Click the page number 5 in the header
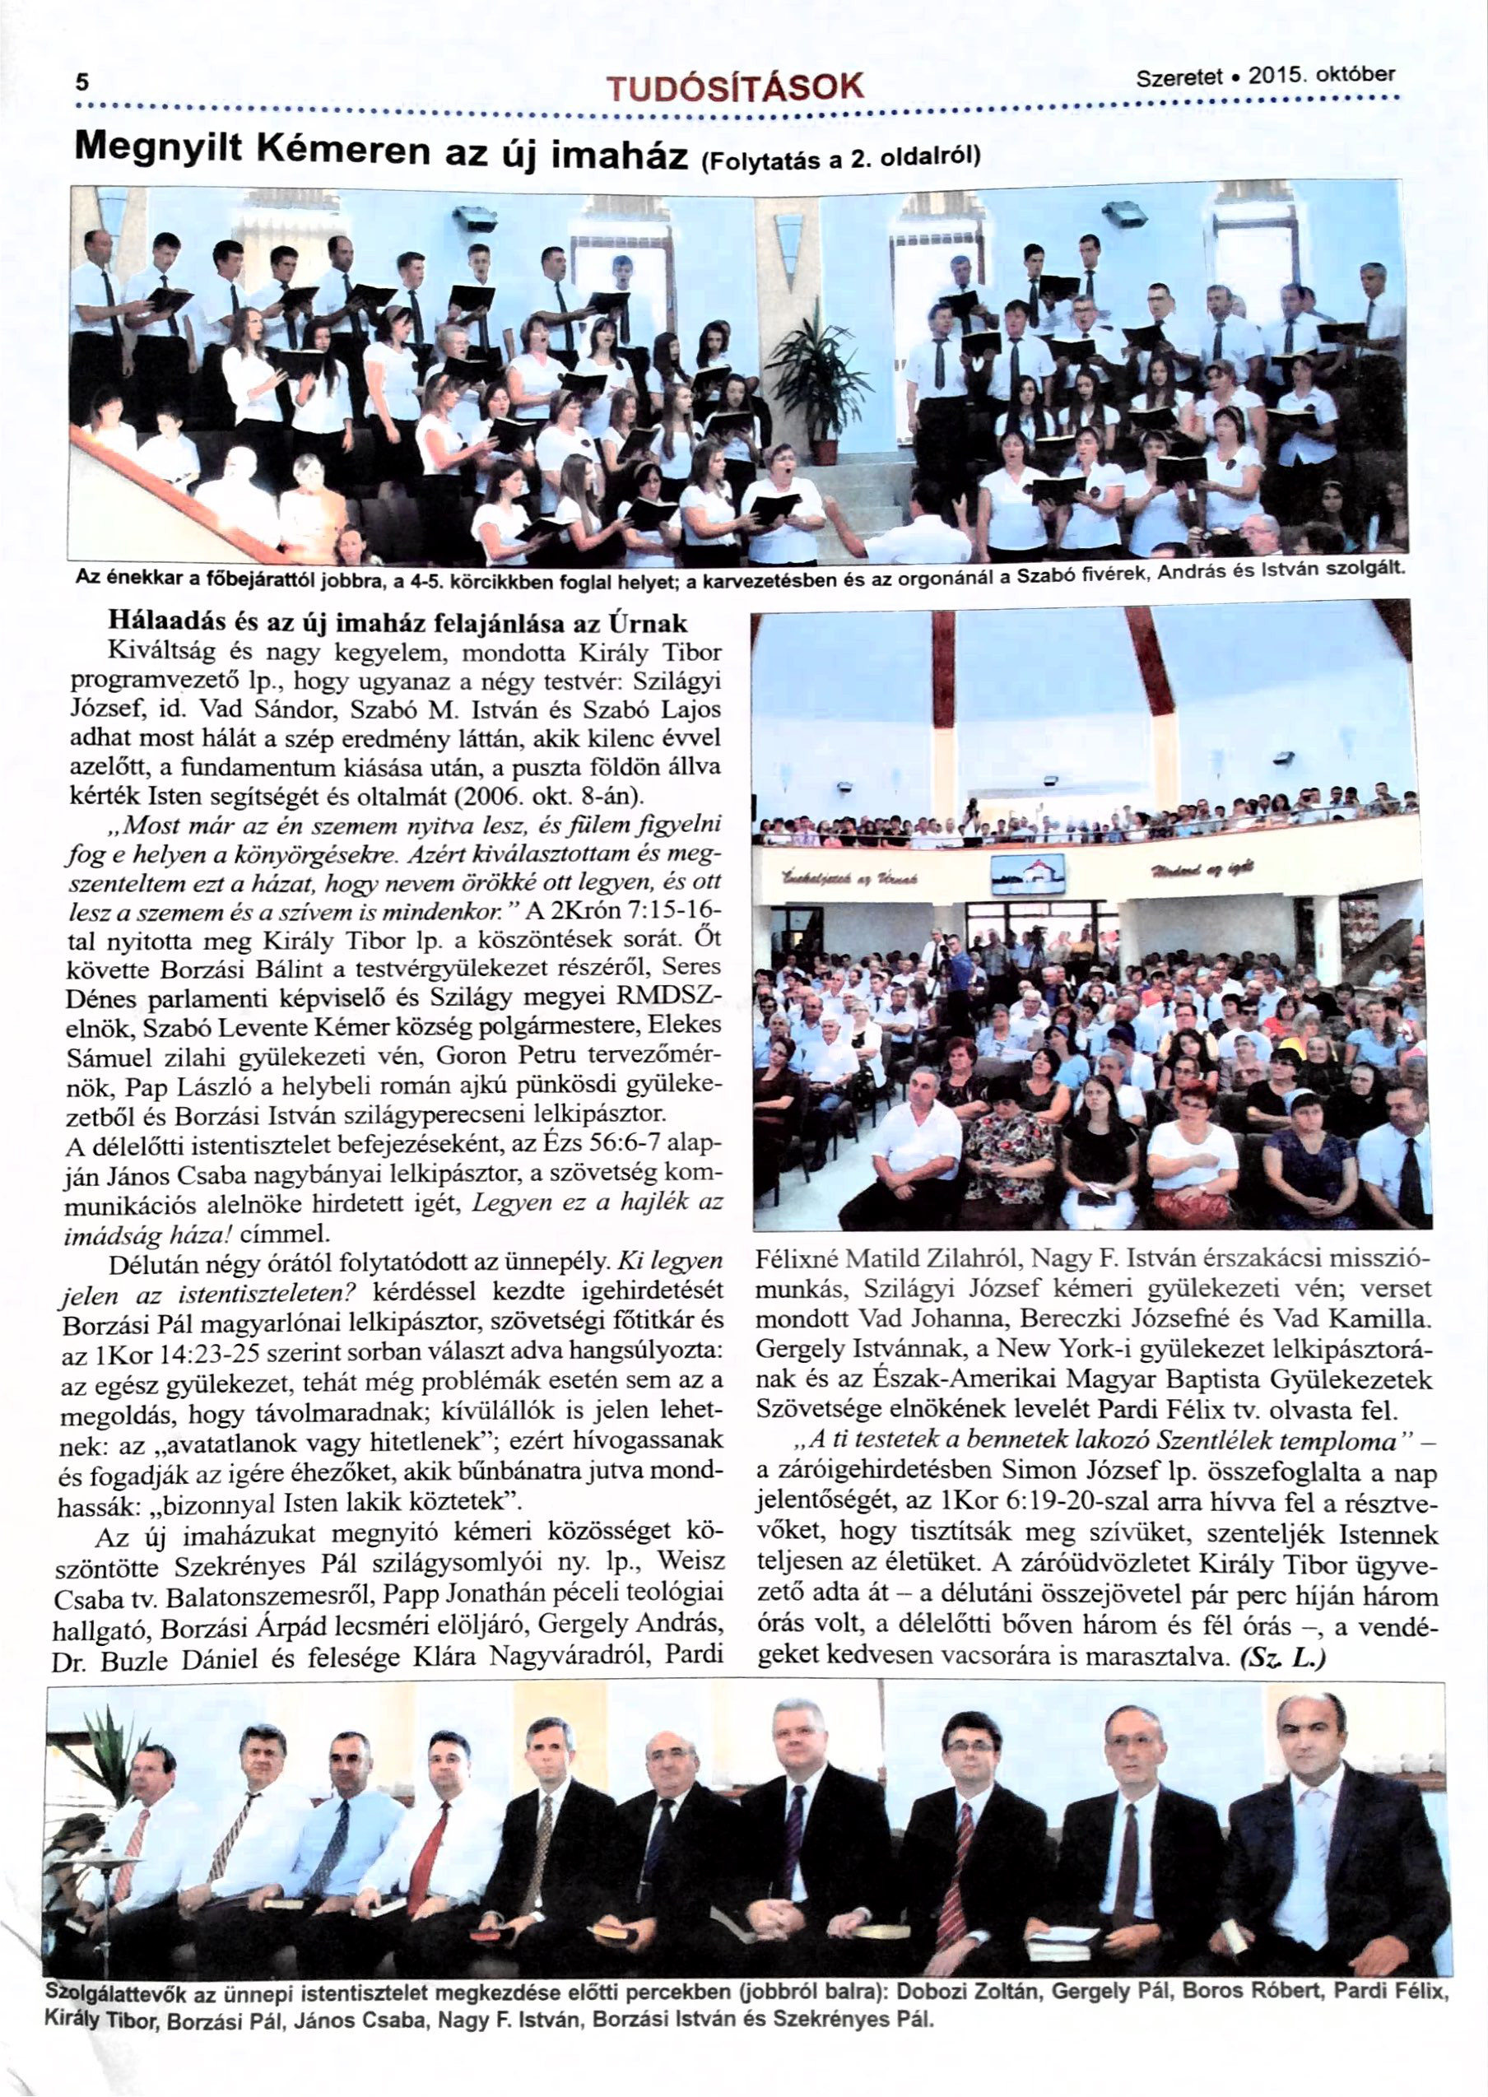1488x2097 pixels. (82, 82)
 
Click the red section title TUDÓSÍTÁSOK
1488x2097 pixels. (735, 89)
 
